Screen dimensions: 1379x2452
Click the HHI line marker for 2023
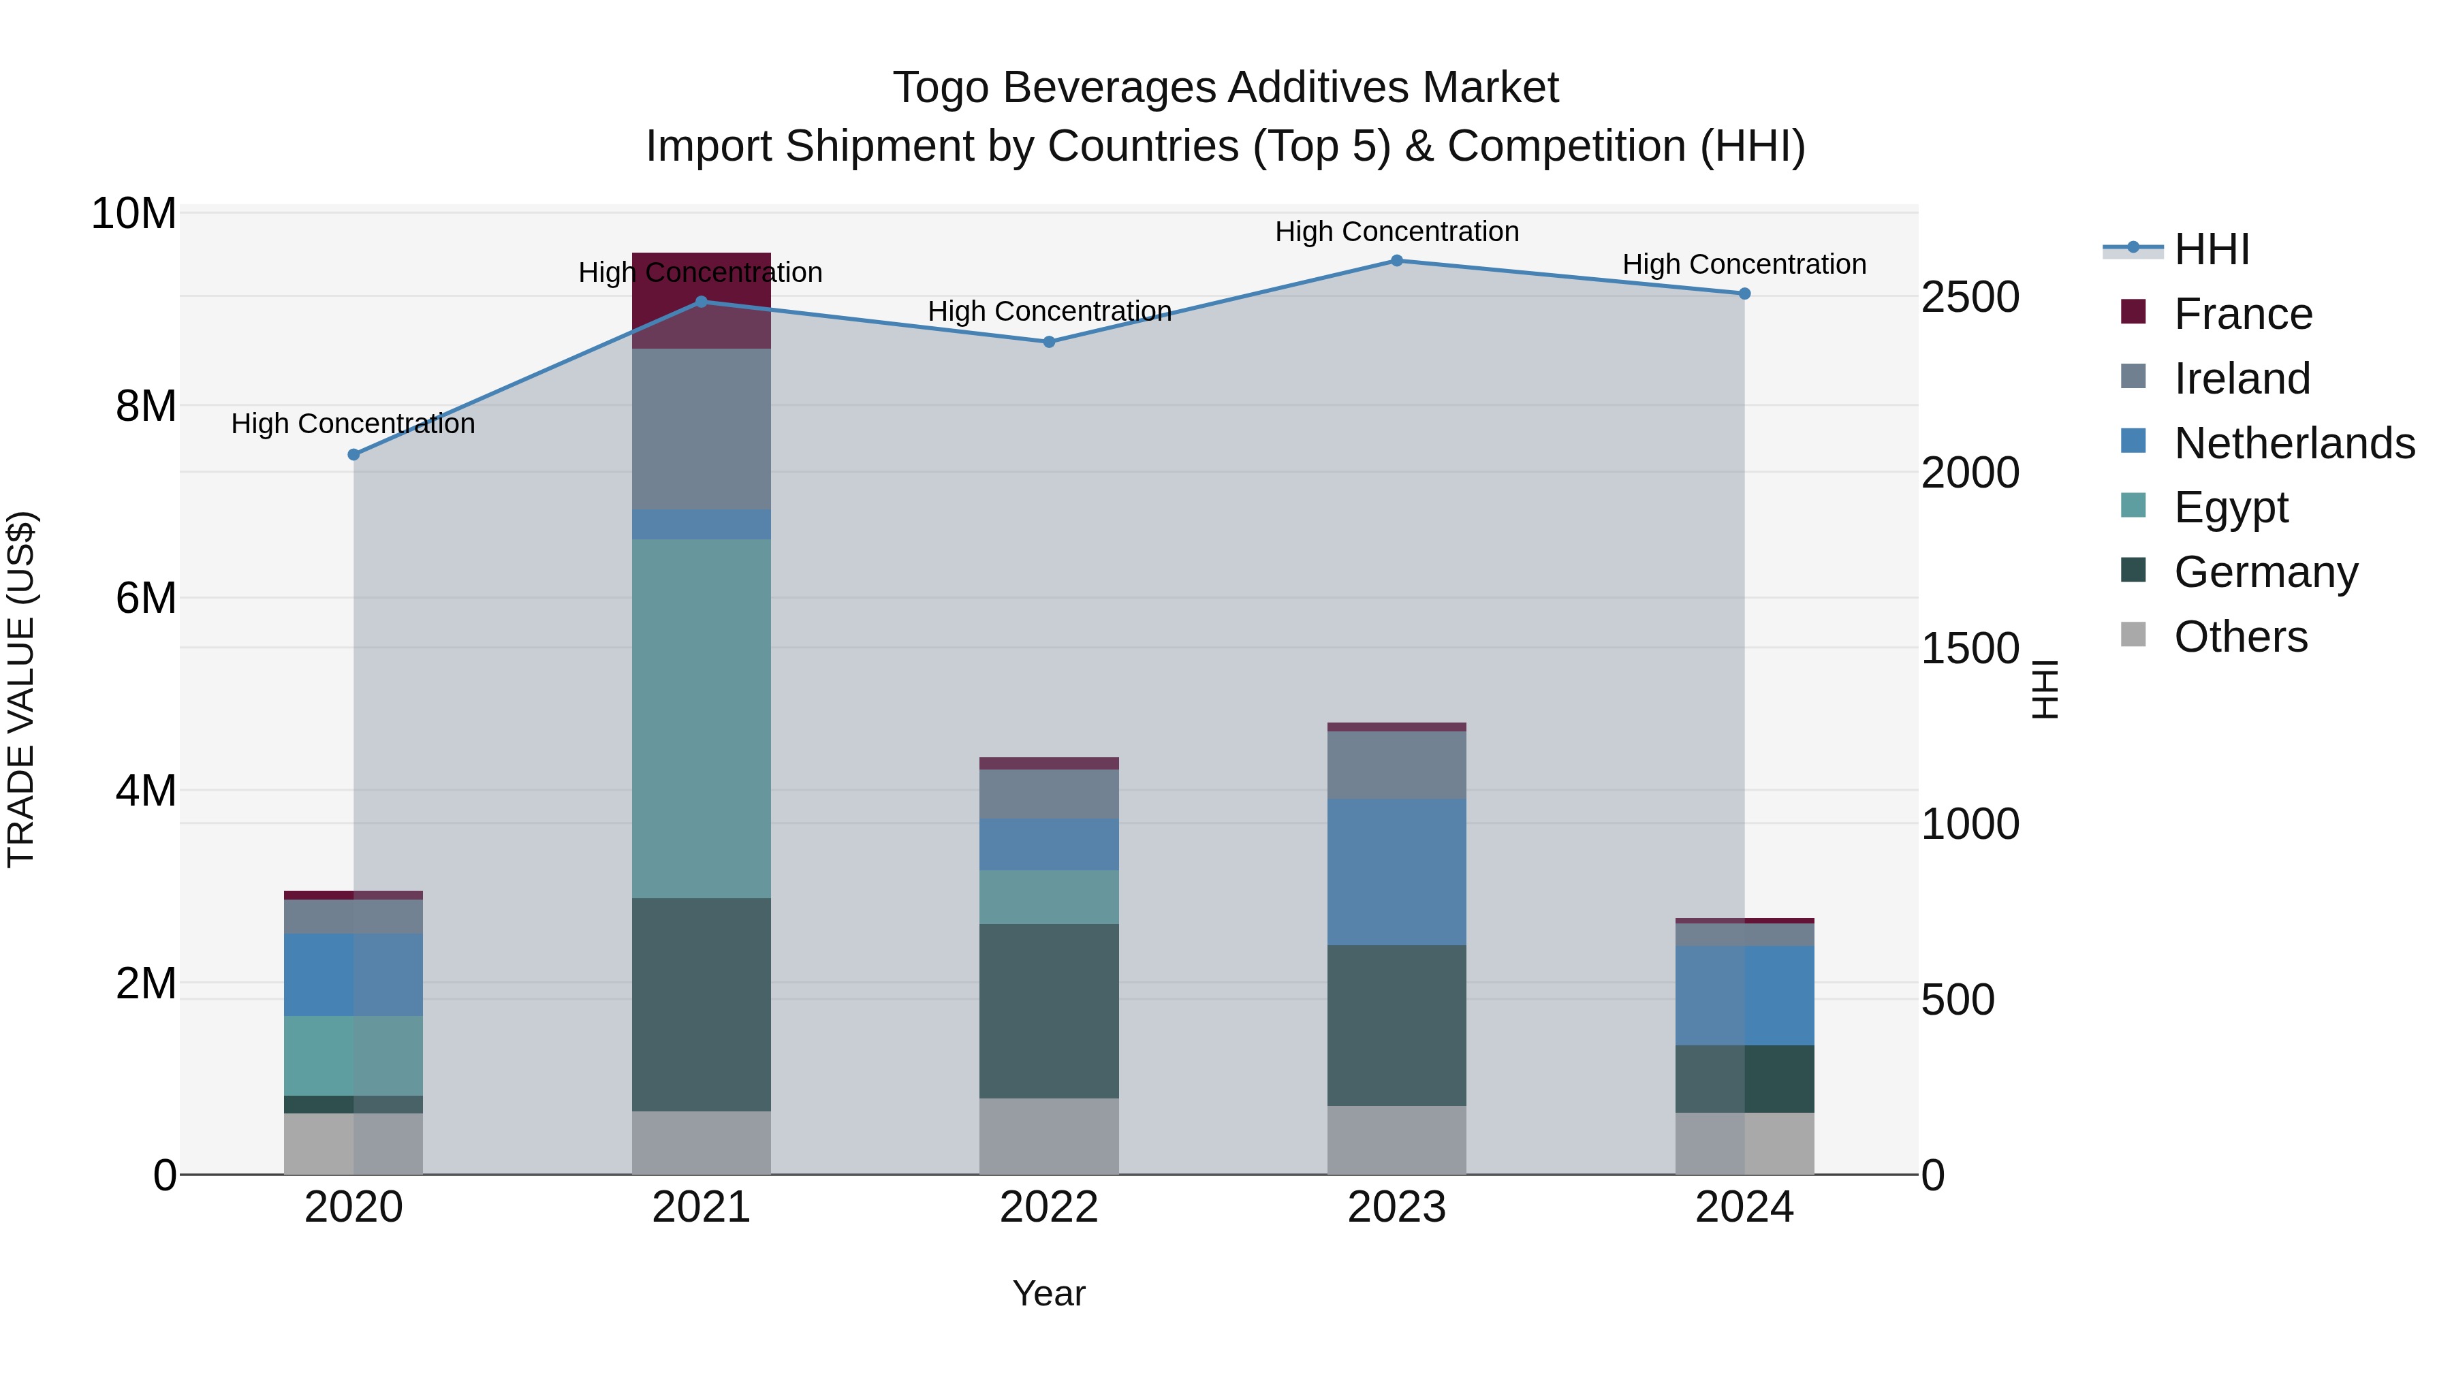point(1396,261)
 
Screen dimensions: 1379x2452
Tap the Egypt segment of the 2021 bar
point(701,718)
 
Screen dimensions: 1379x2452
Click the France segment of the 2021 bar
point(701,301)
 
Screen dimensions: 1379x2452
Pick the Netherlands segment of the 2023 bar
point(1396,872)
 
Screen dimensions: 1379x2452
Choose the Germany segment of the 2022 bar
point(1049,1011)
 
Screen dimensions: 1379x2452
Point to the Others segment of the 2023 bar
point(1396,1139)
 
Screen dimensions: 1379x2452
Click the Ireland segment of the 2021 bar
point(701,428)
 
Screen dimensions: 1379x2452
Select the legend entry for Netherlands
point(2294,443)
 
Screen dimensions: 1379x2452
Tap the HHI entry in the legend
point(2211,249)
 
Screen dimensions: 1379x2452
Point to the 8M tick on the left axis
point(146,407)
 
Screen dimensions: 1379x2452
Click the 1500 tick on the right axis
point(1969,649)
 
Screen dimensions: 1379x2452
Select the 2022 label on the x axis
point(1049,1207)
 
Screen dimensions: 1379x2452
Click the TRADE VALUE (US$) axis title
point(21,689)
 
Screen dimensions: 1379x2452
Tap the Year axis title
point(1049,1293)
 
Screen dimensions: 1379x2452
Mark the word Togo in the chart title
point(941,88)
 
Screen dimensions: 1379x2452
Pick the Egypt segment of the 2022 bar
point(1049,896)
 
